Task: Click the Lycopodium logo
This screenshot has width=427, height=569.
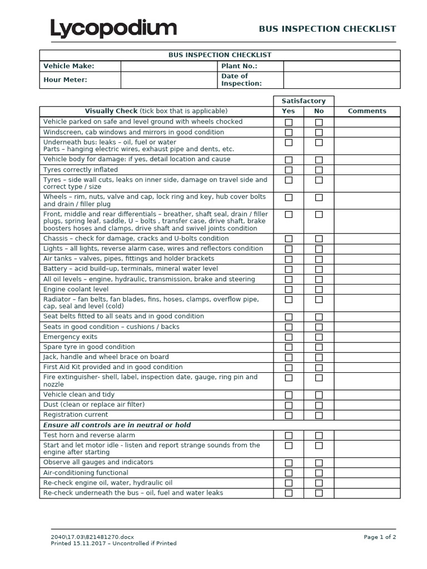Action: point(113,29)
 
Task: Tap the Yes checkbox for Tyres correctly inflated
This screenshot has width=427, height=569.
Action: point(289,170)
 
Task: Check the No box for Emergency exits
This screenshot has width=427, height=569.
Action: point(319,337)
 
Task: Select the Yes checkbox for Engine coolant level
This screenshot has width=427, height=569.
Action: point(289,290)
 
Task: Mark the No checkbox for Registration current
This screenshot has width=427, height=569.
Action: point(319,415)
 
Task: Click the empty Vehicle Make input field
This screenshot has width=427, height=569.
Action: point(168,66)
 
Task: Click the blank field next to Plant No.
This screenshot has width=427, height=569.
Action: point(341,66)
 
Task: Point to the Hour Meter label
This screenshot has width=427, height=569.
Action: point(66,80)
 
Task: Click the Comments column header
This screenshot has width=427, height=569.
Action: point(367,111)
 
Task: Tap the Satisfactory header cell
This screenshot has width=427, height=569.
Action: point(304,101)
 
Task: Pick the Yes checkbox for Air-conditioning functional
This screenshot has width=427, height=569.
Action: point(289,473)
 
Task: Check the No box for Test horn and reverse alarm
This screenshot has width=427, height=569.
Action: point(319,436)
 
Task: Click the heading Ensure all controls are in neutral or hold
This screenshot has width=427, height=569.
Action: point(117,425)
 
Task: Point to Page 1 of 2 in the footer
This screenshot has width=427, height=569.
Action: point(380,537)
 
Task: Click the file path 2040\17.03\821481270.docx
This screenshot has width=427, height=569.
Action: point(91,537)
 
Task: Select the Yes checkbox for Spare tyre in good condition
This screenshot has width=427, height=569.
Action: point(289,347)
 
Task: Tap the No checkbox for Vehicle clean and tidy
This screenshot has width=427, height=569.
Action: point(319,395)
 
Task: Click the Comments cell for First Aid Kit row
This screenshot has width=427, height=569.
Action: point(367,367)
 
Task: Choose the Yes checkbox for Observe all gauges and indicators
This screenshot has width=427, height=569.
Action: point(289,463)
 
